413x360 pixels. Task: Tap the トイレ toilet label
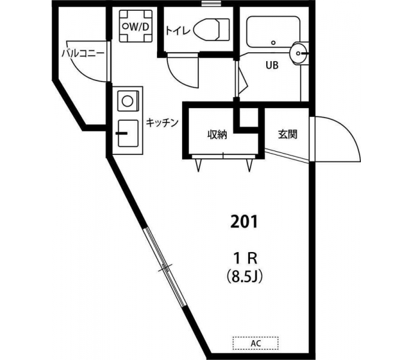[x=178, y=31]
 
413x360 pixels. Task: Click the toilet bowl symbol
[x=211, y=29]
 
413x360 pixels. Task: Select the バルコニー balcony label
[x=83, y=53]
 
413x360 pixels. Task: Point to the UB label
[x=272, y=65]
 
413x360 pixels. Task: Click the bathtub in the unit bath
[x=273, y=32]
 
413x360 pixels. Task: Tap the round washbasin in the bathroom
[x=299, y=53]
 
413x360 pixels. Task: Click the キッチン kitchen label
[x=162, y=122]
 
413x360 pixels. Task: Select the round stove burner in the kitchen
[x=128, y=101]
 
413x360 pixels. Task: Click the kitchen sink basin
[x=128, y=133]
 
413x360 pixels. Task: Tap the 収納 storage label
[x=217, y=135]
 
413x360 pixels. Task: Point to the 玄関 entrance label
[x=288, y=134]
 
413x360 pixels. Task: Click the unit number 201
[x=243, y=222]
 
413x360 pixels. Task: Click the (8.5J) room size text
[x=245, y=277]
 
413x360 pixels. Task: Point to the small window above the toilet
[x=211, y=3]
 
